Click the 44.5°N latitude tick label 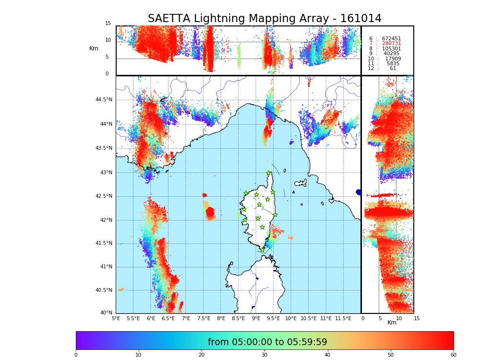[x=104, y=100]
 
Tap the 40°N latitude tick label [x=106, y=313]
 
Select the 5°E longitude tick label [x=116, y=318]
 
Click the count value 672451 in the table [x=391, y=39]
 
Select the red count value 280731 [x=391, y=44]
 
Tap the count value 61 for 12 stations [x=393, y=69]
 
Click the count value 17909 [x=393, y=59]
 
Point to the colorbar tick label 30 [x=264, y=355]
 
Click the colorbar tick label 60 [x=453, y=355]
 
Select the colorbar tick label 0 [x=76, y=355]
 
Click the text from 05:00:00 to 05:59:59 [x=267, y=342]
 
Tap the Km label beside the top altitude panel [x=94, y=48]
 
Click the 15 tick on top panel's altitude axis [x=108, y=24]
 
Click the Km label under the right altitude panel [x=392, y=323]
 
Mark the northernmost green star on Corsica [x=269, y=173]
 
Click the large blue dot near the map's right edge [x=359, y=192]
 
